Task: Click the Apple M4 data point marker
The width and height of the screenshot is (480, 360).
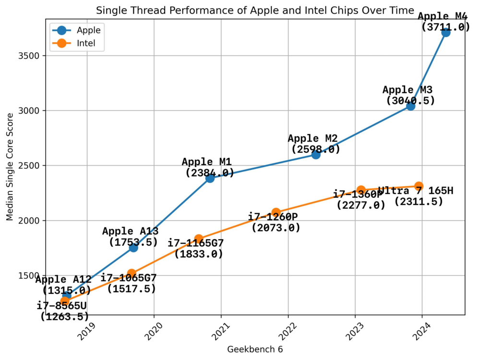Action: [445, 32]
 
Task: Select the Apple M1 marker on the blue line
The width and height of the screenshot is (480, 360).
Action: [210, 178]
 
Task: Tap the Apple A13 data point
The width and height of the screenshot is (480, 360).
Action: [133, 247]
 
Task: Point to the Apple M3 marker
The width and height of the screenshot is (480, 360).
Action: [410, 106]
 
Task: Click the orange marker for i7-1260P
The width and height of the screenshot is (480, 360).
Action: [276, 213]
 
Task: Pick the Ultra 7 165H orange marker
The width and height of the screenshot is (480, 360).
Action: [419, 186]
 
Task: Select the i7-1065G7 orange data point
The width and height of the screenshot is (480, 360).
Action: [132, 274]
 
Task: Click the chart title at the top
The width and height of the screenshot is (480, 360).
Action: [254, 10]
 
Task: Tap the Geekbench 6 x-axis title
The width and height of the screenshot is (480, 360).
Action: [255, 349]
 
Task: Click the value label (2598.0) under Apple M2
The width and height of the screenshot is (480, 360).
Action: [316, 149]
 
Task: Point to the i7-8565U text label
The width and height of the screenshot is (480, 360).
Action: [62, 306]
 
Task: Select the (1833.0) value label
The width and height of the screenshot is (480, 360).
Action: [199, 254]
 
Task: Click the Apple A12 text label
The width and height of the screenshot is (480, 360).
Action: [63, 280]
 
